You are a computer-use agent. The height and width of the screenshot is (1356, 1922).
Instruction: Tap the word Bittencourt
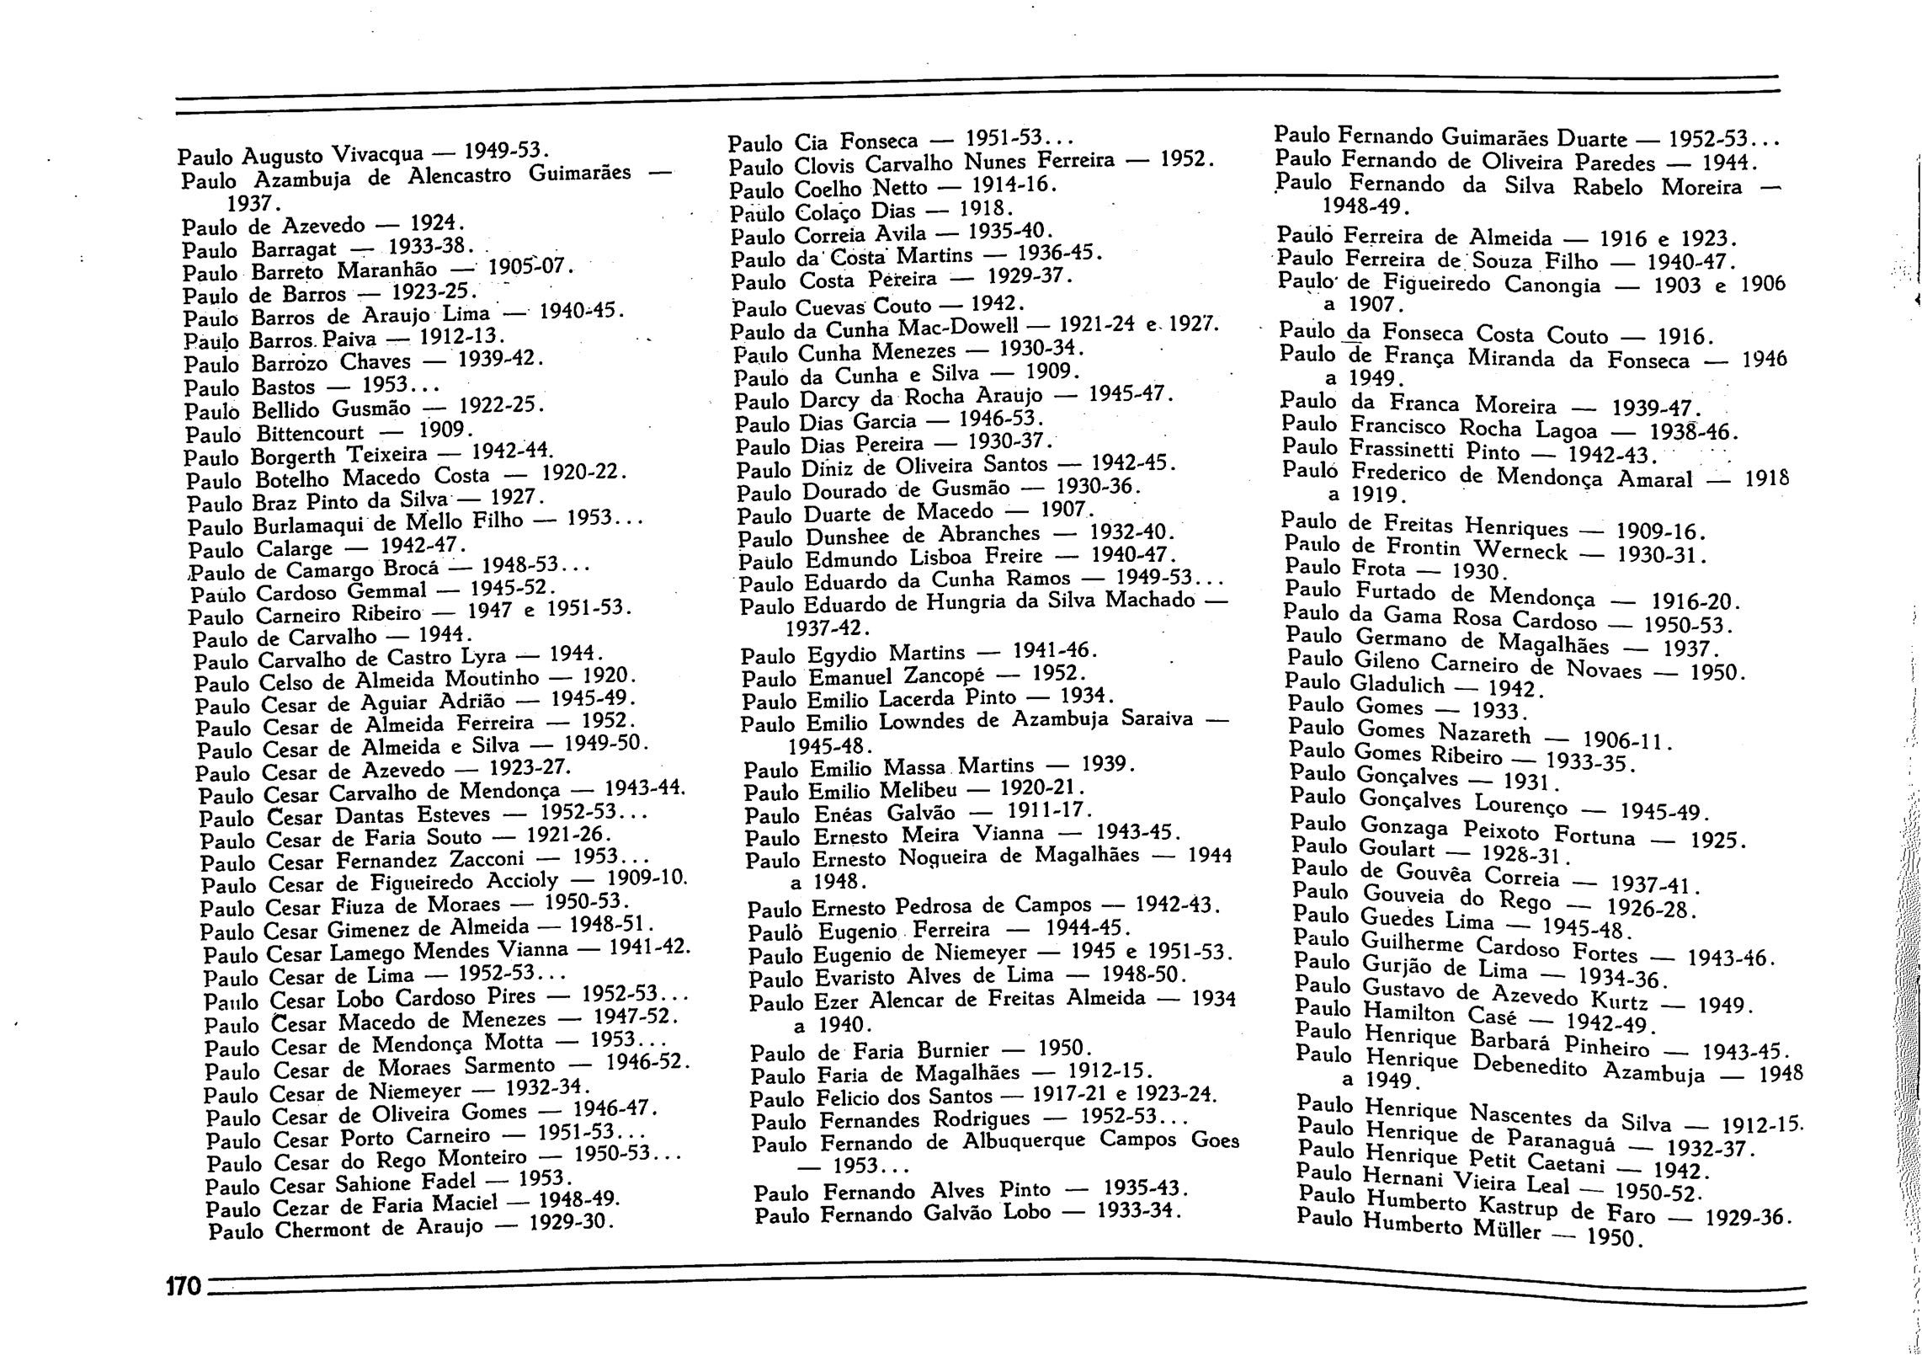coord(310,433)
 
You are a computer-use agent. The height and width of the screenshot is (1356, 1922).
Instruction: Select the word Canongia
coord(1552,285)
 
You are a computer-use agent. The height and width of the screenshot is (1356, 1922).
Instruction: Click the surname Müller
coord(1507,1229)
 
